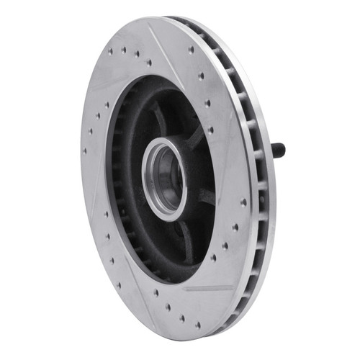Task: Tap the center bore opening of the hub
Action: [165, 175]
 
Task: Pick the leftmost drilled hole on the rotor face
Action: [85, 150]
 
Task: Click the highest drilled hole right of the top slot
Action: [191, 50]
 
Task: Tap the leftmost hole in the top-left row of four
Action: [110, 51]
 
